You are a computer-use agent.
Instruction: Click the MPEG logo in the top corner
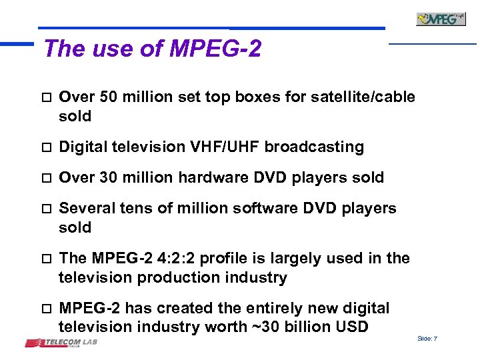coord(441,19)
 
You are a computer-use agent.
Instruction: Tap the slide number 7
coord(435,339)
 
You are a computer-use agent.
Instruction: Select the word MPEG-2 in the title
coord(215,49)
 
